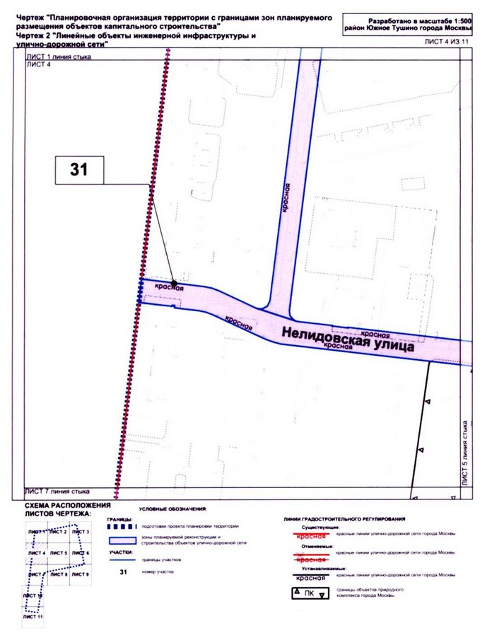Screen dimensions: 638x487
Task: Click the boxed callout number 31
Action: tap(79, 170)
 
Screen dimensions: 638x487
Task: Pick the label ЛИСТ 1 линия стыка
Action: tap(59, 57)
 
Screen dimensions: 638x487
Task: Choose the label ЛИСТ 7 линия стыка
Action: tap(59, 490)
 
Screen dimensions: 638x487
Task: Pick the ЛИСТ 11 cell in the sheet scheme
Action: tap(34, 617)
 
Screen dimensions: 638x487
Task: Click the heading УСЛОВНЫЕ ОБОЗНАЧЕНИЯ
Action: tap(172, 510)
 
